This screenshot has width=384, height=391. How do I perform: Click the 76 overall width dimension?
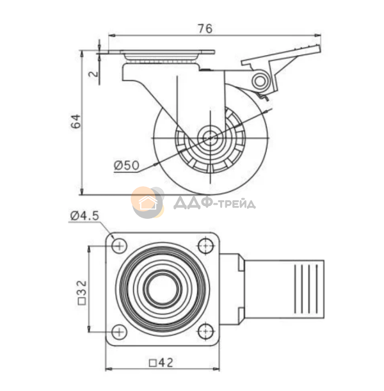[x=205, y=29]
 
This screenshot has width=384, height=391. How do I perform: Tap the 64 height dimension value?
[x=76, y=121]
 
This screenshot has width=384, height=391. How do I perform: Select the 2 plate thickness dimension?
[x=94, y=74]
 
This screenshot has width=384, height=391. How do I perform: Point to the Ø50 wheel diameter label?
[x=127, y=165]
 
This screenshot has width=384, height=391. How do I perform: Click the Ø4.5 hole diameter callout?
[x=84, y=216]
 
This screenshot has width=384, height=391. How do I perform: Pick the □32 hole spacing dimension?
[x=83, y=292]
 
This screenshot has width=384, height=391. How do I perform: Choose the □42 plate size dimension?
[x=161, y=363]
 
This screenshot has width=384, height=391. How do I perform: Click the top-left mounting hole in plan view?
[x=119, y=246]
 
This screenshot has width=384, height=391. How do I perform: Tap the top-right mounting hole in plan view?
[x=205, y=246]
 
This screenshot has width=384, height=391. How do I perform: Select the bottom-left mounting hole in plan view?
[x=119, y=331]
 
